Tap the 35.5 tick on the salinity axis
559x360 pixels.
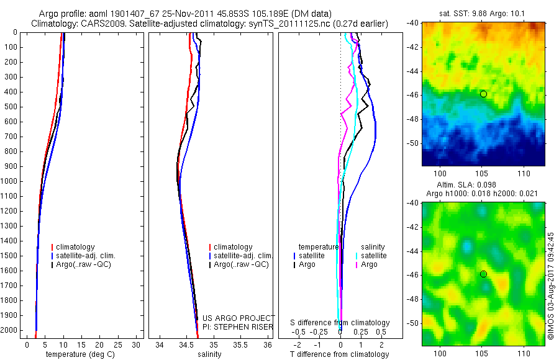click(x=240, y=344)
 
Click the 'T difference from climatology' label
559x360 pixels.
click(x=339, y=354)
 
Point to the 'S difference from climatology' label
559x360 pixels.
click(x=340, y=323)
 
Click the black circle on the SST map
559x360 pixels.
click(x=483, y=94)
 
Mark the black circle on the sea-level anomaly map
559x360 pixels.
click(x=483, y=274)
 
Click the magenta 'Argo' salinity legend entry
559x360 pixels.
click(x=369, y=264)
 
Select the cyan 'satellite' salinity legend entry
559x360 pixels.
click(x=373, y=256)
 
